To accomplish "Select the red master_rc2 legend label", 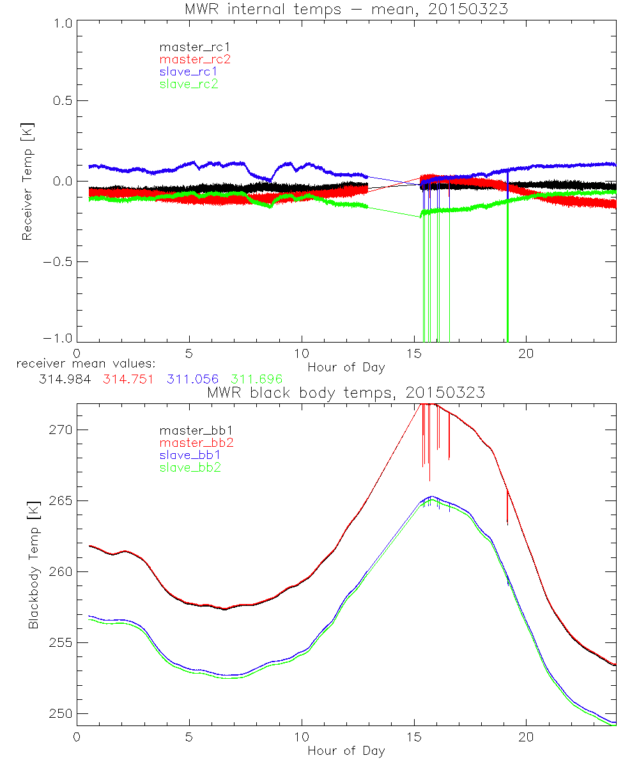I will click(x=194, y=59).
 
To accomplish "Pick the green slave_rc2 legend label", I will click(x=189, y=83).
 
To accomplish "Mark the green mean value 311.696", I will click(x=257, y=379).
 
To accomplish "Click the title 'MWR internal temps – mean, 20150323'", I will click(x=346, y=9).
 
